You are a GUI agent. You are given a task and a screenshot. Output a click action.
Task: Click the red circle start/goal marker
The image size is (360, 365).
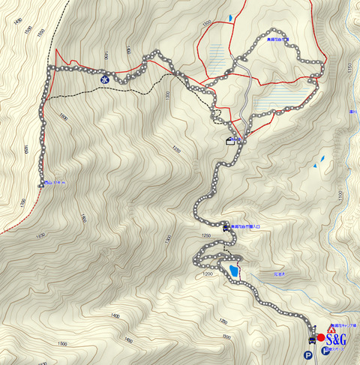click(x=321, y=338)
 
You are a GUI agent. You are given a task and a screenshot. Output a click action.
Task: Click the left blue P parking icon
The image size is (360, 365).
click(x=307, y=355)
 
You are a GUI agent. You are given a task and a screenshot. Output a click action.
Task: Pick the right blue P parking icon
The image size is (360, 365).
click(x=325, y=350)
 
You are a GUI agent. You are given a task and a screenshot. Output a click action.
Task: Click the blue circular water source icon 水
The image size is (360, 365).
click(x=105, y=76)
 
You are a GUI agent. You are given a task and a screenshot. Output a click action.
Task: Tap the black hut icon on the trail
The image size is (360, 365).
click(x=229, y=142)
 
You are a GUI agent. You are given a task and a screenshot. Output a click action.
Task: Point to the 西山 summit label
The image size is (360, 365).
click(x=54, y=182)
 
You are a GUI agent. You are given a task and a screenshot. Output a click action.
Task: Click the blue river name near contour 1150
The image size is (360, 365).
click(x=352, y=113)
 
